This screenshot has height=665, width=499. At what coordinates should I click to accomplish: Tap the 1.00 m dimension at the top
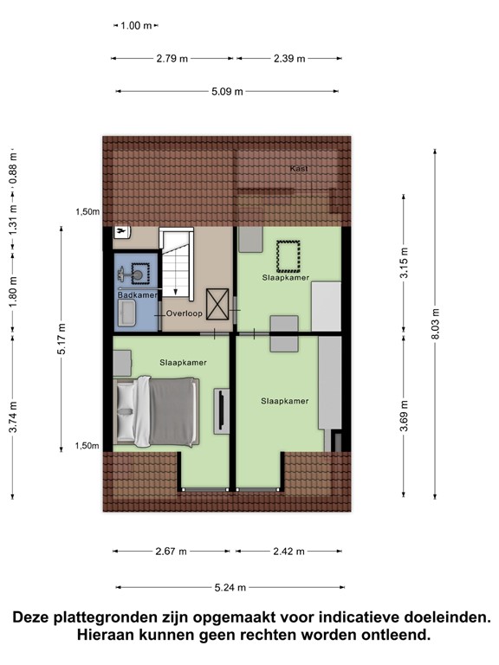pos(134,26)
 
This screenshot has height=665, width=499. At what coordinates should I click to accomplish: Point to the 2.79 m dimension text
pos(172,59)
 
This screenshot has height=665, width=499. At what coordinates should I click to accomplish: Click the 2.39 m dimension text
pos(288,59)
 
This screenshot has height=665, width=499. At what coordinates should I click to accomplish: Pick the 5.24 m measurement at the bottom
pos(230,587)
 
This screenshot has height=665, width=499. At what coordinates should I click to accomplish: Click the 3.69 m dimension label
pos(403,405)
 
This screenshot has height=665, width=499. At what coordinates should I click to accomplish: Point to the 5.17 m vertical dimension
pos(62,339)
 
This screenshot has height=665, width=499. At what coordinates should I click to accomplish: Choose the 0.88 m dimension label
pos(12,171)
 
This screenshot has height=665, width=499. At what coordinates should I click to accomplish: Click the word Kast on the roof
pos(299,168)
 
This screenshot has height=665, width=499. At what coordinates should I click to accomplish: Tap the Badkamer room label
pos(137,295)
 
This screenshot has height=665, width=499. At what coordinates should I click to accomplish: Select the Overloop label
pos(185,313)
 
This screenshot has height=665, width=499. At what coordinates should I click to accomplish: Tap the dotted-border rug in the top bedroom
pos(286,255)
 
